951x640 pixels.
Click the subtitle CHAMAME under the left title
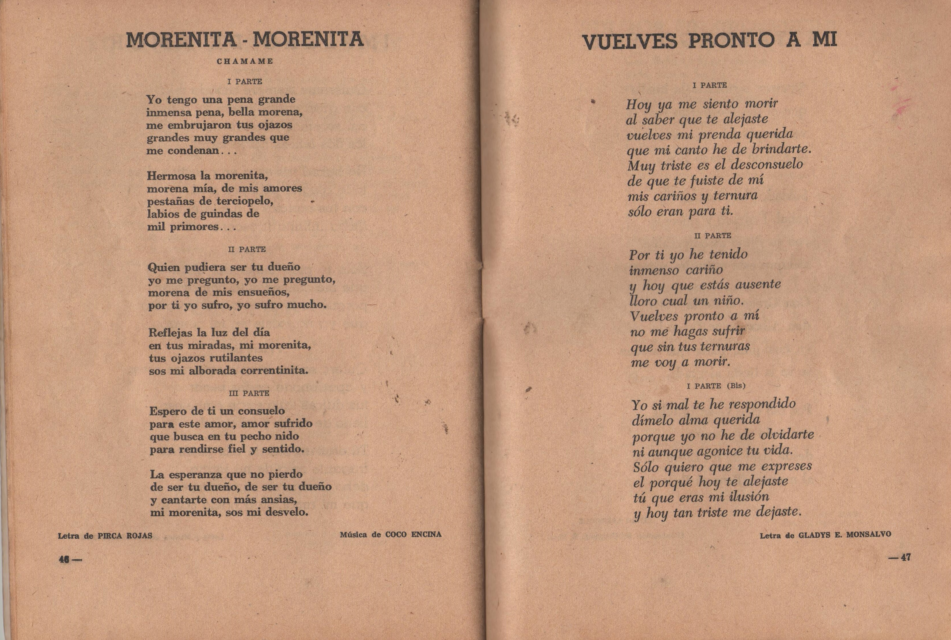coord(245,62)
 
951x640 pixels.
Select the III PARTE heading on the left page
coord(249,393)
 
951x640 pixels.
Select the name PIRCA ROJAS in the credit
coord(125,535)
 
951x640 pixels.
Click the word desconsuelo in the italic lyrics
coord(767,165)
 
